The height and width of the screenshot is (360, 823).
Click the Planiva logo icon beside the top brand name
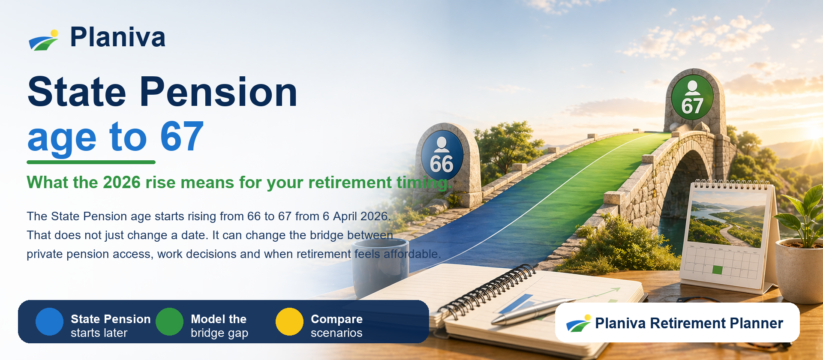[x=44, y=40]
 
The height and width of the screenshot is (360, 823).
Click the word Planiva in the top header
[x=117, y=37]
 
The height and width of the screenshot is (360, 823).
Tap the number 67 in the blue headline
[x=182, y=137]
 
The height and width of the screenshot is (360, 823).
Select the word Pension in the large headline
[x=218, y=92]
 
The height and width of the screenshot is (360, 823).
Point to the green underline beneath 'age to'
[x=91, y=162]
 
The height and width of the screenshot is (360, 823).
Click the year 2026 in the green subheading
[x=122, y=183]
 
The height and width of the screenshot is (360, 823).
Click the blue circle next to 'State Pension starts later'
[x=49, y=321]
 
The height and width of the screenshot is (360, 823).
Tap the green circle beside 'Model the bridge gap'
[x=169, y=321]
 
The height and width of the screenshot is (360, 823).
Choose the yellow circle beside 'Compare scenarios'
[x=289, y=321]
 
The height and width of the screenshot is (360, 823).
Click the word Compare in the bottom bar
[x=336, y=319]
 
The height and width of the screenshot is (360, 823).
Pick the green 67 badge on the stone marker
[x=692, y=99]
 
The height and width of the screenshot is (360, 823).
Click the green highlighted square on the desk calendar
[x=717, y=270]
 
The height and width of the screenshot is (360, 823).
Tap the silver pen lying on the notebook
[x=532, y=311]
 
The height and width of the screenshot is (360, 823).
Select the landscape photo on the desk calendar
[x=727, y=219]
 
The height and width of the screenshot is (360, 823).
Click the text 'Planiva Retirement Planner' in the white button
[x=689, y=323]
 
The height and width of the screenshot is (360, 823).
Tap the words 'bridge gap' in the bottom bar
[x=219, y=333]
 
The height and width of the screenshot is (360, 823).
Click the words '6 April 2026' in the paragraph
[x=355, y=216]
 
